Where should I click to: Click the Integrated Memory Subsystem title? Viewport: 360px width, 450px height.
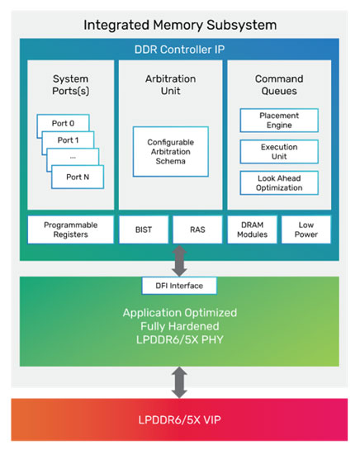point(180,24)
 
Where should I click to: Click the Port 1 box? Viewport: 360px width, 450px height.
point(69,140)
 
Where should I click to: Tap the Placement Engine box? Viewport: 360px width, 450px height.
point(278,121)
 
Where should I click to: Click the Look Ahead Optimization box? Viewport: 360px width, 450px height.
point(278,182)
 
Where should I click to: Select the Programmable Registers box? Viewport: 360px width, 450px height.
point(70,229)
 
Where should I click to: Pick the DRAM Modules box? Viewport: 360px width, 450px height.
point(252,229)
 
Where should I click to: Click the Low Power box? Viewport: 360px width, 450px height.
point(306,229)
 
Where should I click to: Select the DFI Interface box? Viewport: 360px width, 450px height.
point(181,286)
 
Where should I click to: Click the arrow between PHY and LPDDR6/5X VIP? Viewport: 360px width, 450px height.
point(181,381)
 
